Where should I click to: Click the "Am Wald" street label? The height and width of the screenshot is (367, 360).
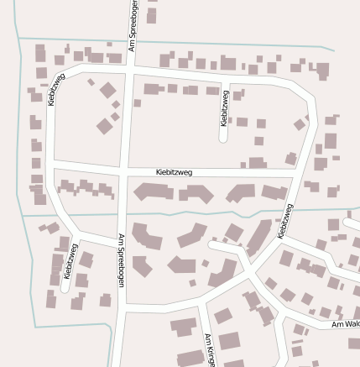click(345, 324)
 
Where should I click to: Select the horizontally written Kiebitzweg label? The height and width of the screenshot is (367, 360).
click(175, 172)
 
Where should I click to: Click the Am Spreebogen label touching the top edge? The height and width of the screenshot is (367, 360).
click(133, 25)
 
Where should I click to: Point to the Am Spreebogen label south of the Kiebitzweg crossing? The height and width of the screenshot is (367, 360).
click(120, 261)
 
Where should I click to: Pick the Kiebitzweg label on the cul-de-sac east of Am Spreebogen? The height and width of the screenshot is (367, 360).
click(224, 108)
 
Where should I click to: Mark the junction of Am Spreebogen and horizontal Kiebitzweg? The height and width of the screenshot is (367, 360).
click(123, 171)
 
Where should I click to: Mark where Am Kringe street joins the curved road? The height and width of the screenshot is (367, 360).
click(201, 304)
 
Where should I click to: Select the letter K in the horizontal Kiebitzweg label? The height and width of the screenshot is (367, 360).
click(159, 172)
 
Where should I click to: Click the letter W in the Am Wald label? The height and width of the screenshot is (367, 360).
click(347, 324)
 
